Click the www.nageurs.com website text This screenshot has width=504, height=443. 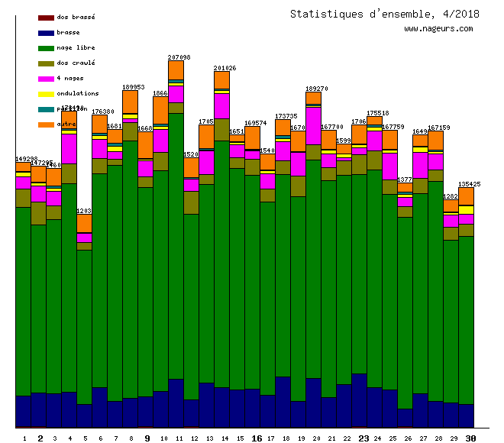pyautogui.click(x=438, y=29)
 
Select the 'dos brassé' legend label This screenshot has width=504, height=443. pyautogui.click(x=76, y=17)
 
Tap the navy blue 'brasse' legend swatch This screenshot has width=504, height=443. pyautogui.click(x=46, y=33)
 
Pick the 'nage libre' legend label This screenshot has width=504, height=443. pyautogui.click(x=76, y=47)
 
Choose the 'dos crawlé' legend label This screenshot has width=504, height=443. pyautogui.click(x=76, y=63)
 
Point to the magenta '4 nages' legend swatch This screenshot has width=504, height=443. pyautogui.click(x=46, y=79)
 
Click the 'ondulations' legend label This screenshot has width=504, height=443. pyautogui.click(x=77, y=93)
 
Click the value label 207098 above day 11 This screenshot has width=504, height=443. pyautogui.click(x=179, y=57)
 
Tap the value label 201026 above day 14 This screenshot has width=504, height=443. pyautogui.click(x=225, y=68)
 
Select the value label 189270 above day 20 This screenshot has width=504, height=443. pyautogui.click(x=316, y=89)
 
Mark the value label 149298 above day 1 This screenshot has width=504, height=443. pyautogui.click(x=26, y=159)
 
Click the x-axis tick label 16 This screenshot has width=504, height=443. pyautogui.click(x=257, y=438)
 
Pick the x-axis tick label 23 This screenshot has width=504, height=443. pyautogui.click(x=363, y=438)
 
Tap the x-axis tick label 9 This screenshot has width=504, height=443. pyautogui.click(x=147, y=438)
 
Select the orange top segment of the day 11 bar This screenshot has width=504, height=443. pyautogui.click(x=176, y=70)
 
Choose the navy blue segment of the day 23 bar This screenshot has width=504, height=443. pyautogui.click(x=359, y=399)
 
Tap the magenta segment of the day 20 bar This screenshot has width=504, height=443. pyautogui.click(x=313, y=125)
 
